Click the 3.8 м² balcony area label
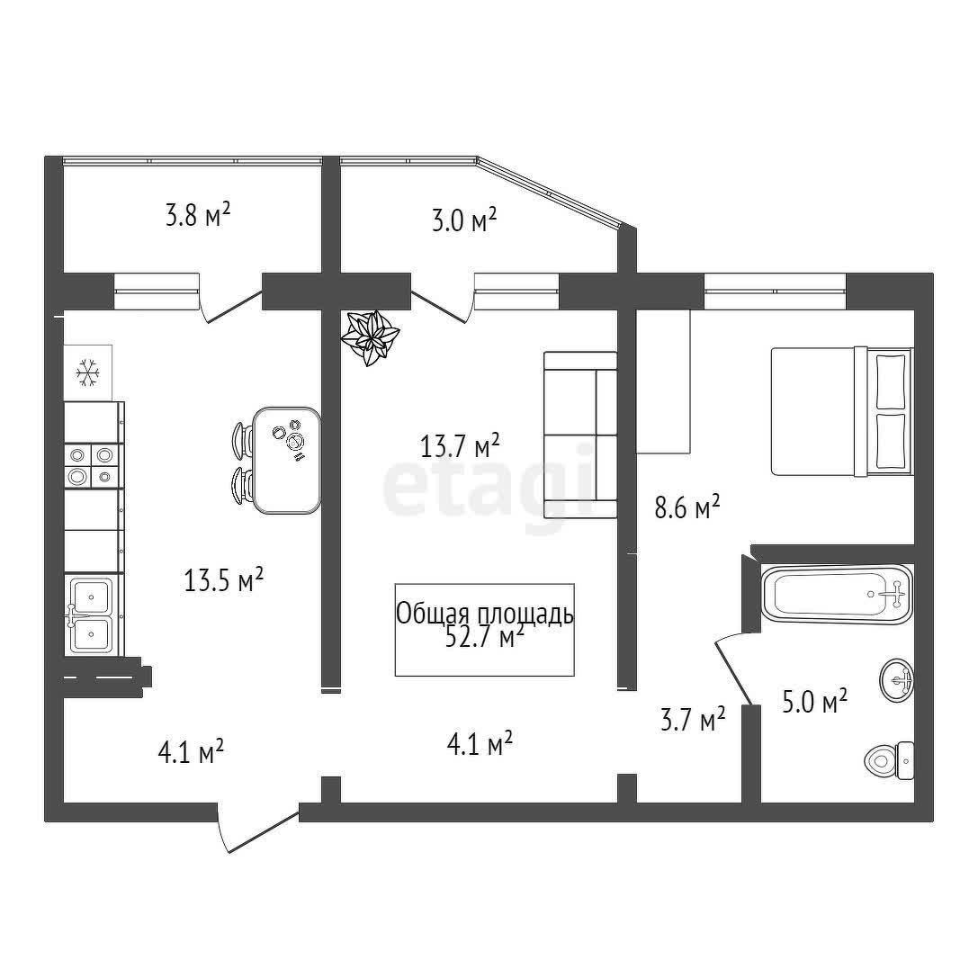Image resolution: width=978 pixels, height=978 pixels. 198,215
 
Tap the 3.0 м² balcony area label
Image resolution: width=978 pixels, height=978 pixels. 464,220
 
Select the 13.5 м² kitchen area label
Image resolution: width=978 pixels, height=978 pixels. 223,579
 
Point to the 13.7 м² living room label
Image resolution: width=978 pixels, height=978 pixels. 460,445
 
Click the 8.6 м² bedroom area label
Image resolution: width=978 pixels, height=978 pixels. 687,507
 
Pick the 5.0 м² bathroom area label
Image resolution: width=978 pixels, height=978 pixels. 814,702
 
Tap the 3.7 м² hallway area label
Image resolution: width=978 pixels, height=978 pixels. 692,719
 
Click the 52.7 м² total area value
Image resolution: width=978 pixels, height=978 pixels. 485,637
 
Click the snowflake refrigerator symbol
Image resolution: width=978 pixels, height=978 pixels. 87,372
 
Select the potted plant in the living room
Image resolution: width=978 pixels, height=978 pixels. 370,337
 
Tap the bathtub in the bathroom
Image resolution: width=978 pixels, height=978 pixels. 837,595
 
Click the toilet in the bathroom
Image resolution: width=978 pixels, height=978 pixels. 890,759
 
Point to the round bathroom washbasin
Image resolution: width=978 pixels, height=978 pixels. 897,680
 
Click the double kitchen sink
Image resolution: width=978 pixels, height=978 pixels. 91,615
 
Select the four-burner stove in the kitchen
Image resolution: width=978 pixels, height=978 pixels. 91,465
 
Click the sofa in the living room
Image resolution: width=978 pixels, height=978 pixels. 580,435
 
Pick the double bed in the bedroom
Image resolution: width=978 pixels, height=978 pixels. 842,410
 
